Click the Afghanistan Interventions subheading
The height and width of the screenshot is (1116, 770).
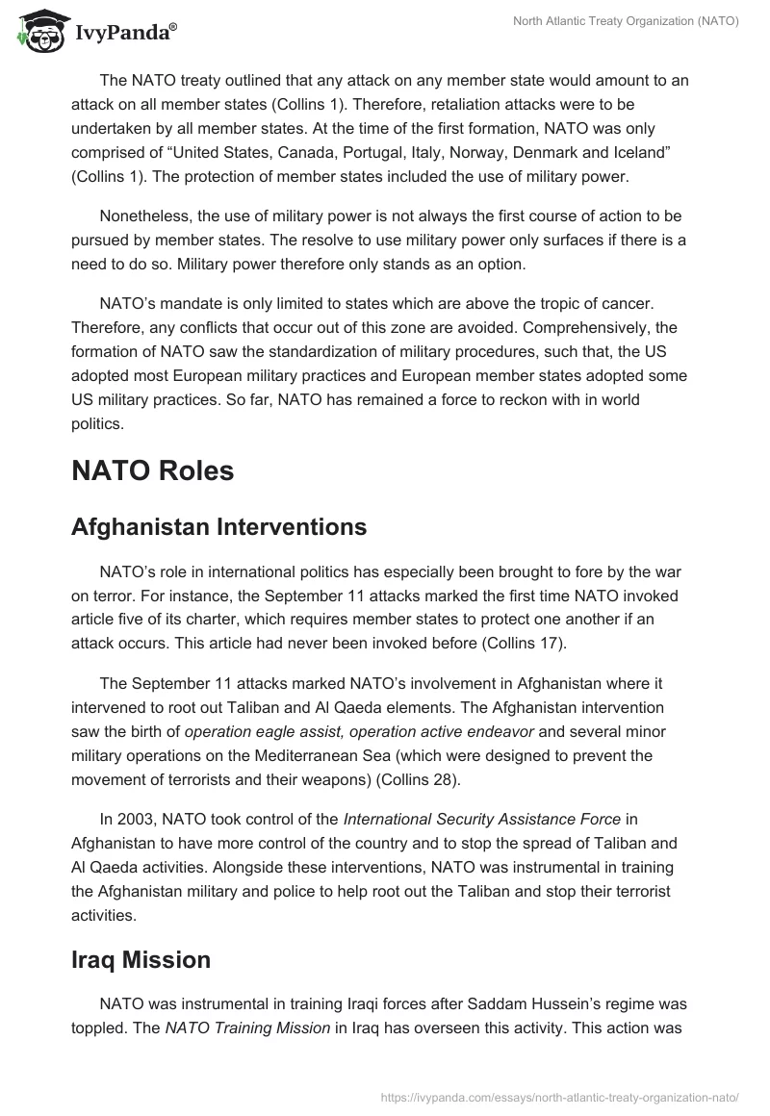(x=218, y=526)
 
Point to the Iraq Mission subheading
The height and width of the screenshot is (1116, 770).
(x=141, y=959)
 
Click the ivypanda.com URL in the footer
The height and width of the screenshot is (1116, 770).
(x=559, y=1096)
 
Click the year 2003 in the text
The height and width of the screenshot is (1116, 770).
(x=139, y=820)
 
